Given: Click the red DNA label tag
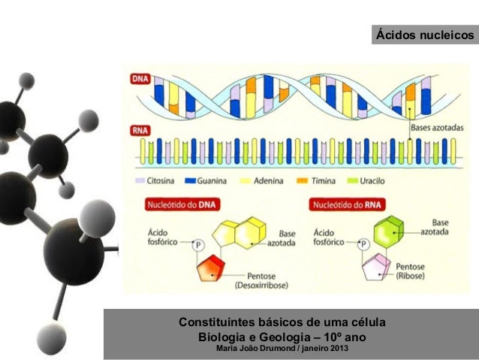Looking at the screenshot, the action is tap(140, 77).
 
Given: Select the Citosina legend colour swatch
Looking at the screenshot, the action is tap(140, 181).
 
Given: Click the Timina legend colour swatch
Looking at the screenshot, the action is tap(303, 181).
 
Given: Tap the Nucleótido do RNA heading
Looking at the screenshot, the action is tap(348, 204).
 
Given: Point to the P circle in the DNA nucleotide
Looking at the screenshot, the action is tap(199, 244).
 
